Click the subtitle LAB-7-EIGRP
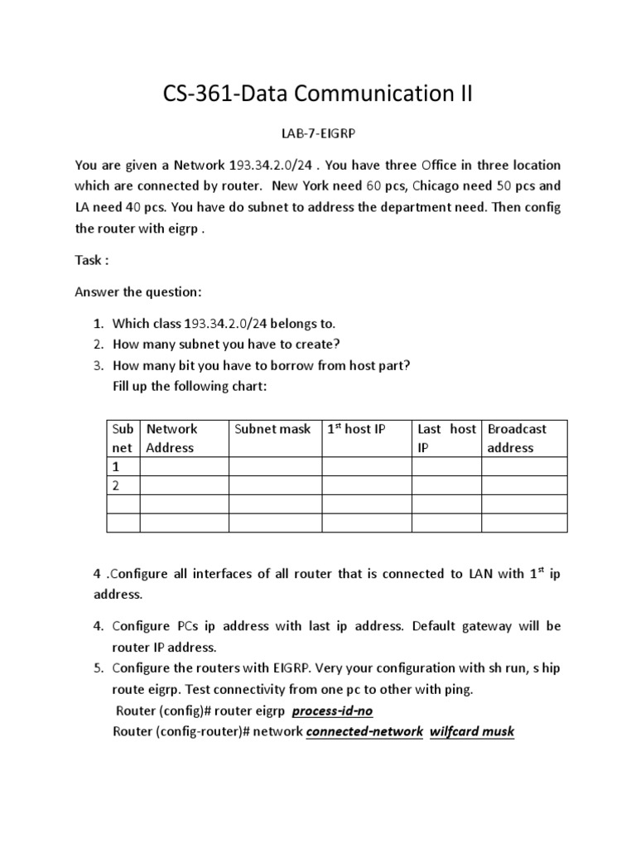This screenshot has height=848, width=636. coord(318,133)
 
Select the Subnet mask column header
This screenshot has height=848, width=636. coord(272,429)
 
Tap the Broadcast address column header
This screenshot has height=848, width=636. coord(518,438)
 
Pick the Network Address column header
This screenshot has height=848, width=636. coord(171,438)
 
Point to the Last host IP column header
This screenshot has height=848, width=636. coord(446,438)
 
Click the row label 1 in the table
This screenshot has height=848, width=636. coord(116,467)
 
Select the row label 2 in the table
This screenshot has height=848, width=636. coord(116,485)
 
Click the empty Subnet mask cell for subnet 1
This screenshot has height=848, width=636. coord(274,467)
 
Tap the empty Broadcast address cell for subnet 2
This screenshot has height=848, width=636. coord(524,485)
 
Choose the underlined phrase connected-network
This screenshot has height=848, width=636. coord(364,731)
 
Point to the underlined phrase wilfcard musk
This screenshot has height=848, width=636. coord(472,731)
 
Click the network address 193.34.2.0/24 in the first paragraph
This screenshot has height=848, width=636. coord(272,165)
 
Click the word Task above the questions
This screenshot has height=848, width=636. coord(91,260)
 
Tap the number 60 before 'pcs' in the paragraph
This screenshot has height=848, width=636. coord(375,186)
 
